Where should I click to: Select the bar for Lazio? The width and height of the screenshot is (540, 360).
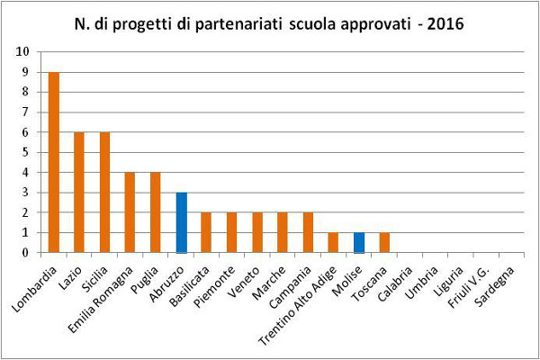click(x=78, y=192)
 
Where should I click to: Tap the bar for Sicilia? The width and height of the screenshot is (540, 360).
click(x=104, y=192)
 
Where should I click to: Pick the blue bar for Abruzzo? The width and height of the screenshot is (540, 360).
click(x=181, y=222)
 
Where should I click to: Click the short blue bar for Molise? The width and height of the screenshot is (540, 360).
click(x=360, y=242)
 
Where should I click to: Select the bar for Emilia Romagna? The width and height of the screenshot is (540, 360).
click(x=130, y=212)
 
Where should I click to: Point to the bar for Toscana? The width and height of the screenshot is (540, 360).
click(x=385, y=242)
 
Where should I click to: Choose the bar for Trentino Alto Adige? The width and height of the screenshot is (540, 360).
click(x=334, y=242)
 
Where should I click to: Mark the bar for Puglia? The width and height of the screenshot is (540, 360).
click(x=155, y=212)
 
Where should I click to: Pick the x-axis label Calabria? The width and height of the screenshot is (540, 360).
click(x=396, y=281)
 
